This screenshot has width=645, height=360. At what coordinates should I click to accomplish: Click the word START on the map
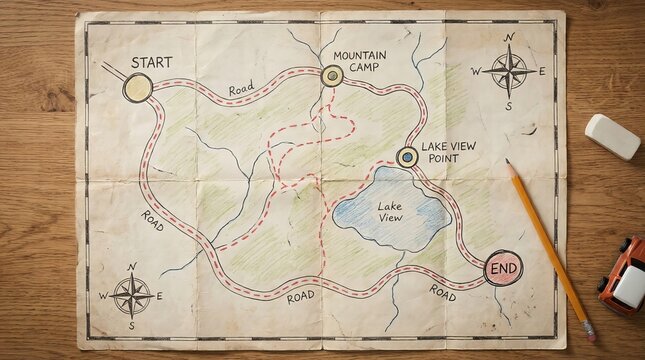pyautogui.click(x=151, y=62)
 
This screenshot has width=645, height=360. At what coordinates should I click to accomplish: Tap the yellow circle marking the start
pyautogui.click(x=138, y=88)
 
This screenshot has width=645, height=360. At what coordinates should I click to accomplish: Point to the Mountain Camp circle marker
pyautogui.click(x=332, y=75)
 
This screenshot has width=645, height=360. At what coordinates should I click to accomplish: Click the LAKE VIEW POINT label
pyautogui.click(x=448, y=151)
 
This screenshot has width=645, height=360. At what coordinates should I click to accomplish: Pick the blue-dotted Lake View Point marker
pyautogui.click(x=407, y=157)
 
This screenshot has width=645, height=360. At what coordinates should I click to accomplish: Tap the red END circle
pyautogui.click(x=503, y=268)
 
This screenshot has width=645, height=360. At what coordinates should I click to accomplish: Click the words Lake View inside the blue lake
pyautogui.click(x=390, y=212)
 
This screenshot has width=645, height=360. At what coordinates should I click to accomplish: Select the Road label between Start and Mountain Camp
pyautogui.click(x=241, y=89)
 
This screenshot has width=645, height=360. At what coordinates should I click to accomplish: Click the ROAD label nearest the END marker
pyautogui.click(x=443, y=292)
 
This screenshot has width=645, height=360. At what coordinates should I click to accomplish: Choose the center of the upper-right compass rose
pyautogui.click(x=510, y=71)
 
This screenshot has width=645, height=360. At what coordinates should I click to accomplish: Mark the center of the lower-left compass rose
pyautogui.click(x=131, y=295)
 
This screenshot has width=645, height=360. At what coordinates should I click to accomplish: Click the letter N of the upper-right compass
pyautogui.click(x=510, y=38)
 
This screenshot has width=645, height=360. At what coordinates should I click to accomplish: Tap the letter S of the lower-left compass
pyautogui.click(x=131, y=326)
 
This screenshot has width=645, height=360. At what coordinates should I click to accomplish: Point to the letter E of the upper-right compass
pyautogui.click(x=542, y=71)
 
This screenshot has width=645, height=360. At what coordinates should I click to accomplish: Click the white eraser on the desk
pyautogui.click(x=612, y=136)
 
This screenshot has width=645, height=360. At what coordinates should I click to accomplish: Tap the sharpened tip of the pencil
pyautogui.click(x=508, y=163)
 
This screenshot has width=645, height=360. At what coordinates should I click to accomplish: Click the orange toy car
pyautogui.click(x=623, y=276)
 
